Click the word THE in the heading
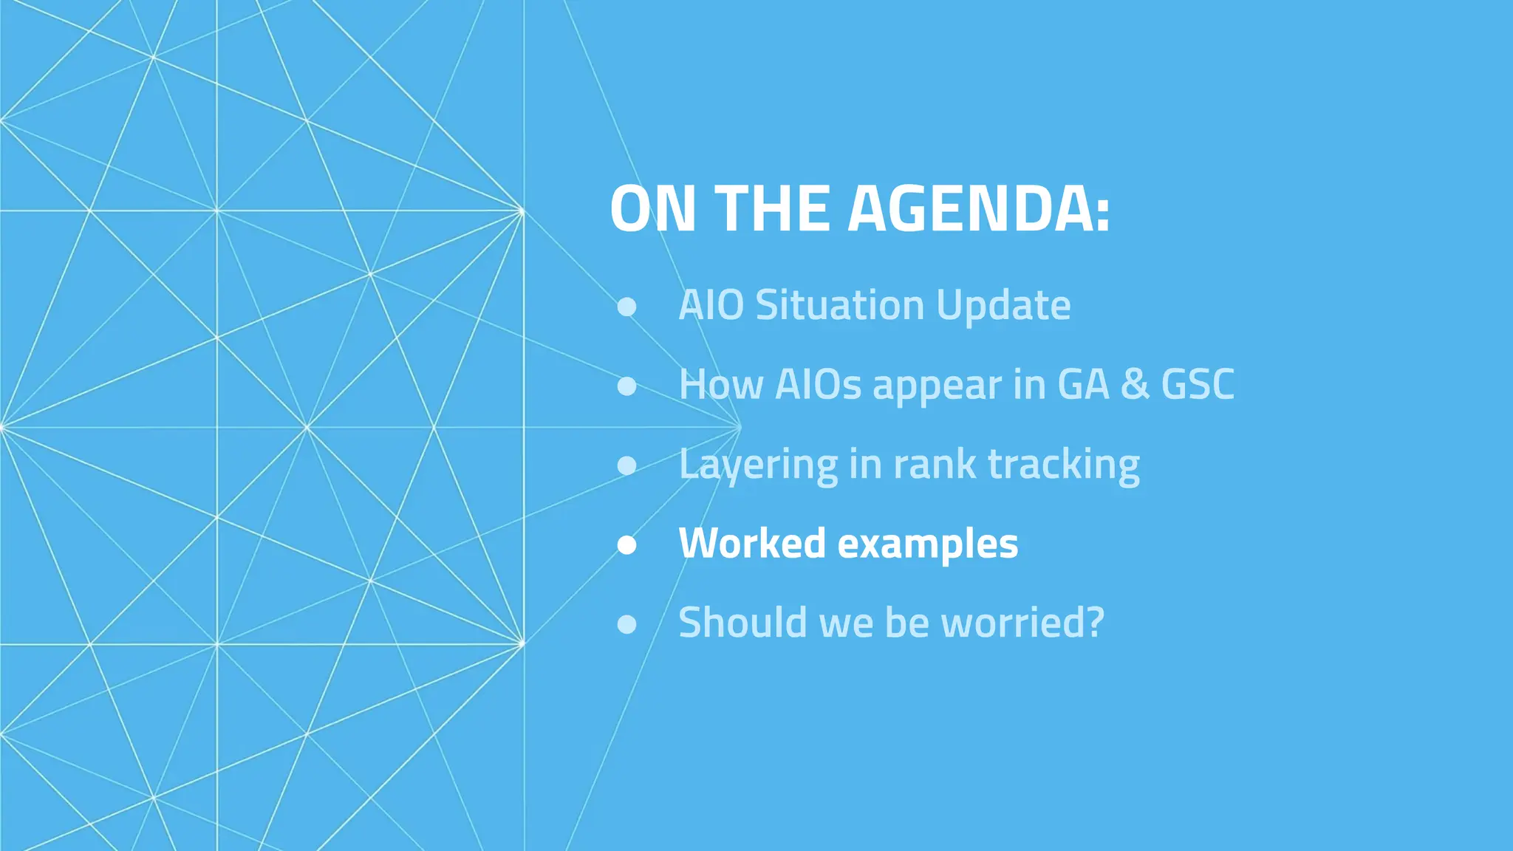(773, 209)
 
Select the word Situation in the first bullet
(840, 305)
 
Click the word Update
(1003, 307)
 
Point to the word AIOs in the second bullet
(818, 384)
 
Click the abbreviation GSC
(1198, 384)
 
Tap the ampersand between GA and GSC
(1135, 384)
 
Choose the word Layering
(758, 465)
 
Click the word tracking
(1064, 465)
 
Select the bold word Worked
(752, 543)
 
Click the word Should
(743, 622)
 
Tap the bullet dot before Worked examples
(627, 544)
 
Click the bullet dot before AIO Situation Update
(627, 307)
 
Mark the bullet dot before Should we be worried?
(627, 624)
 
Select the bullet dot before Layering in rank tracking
(627, 465)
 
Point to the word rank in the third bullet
(935, 465)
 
